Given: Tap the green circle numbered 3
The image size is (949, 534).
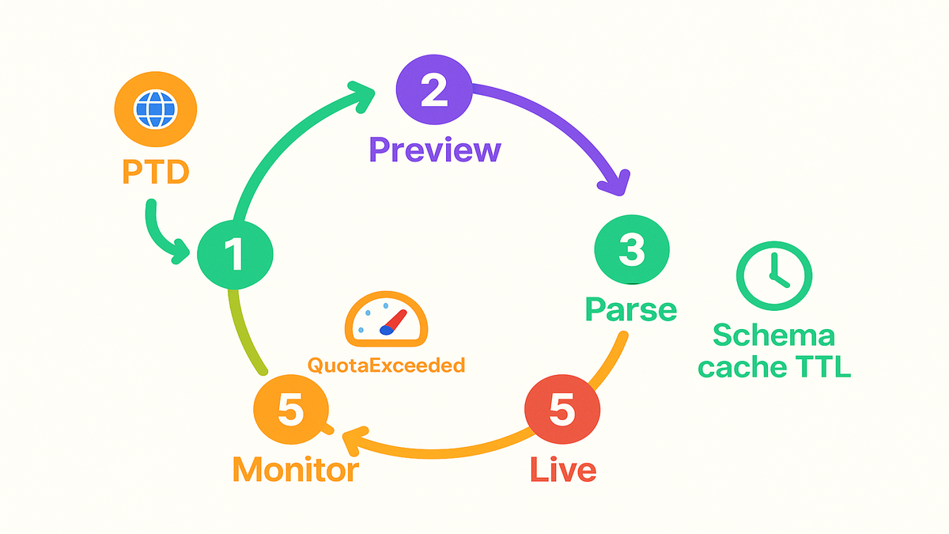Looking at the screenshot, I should pos(631,252).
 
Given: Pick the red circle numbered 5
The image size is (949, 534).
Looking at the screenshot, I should pos(562,411).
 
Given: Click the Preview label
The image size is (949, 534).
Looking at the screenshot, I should pos(435,150).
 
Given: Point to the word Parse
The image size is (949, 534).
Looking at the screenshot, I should pos(631,309).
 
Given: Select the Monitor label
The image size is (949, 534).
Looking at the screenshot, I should pos(295,469).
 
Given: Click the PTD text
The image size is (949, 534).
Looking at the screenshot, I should pos(156,172).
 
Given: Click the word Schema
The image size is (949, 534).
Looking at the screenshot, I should pos(773,335).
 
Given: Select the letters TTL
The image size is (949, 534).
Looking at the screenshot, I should pos(823,367).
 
